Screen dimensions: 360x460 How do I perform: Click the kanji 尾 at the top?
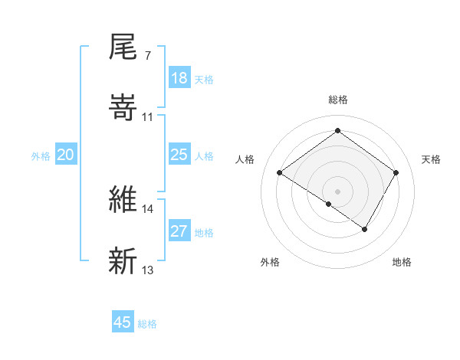(x=123, y=48)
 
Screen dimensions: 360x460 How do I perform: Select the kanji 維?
(x=123, y=200)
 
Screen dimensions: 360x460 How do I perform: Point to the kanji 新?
(x=123, y=260)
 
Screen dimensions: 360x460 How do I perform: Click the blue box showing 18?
(x=179, y=78)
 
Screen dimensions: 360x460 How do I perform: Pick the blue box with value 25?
(x=179, y=155)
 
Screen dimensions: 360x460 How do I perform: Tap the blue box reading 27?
(x=179, y=231)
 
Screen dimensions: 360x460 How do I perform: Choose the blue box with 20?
(x=66, y=155)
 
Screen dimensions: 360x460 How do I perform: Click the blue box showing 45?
(x=123, y=322)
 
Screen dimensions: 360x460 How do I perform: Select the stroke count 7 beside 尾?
(x=147, y=57)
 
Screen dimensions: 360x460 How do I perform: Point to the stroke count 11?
(x=148, y=116)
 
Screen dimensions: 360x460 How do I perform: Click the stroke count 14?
(x=148, y=208)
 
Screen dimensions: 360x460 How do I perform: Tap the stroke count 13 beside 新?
(x=148, y=270)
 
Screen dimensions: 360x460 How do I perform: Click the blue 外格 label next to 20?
(x=41, y=156)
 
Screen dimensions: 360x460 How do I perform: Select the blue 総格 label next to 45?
(x=147, y=324)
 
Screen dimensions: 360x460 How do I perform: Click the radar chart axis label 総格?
(x=337, y=100)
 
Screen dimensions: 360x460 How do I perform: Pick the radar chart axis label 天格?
(x=431, y=159)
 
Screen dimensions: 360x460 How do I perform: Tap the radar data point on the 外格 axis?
(x=329, y=204)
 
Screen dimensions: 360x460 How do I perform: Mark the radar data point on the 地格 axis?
(x=365, y=229)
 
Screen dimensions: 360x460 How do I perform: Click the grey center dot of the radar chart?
(x=337, y=190)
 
